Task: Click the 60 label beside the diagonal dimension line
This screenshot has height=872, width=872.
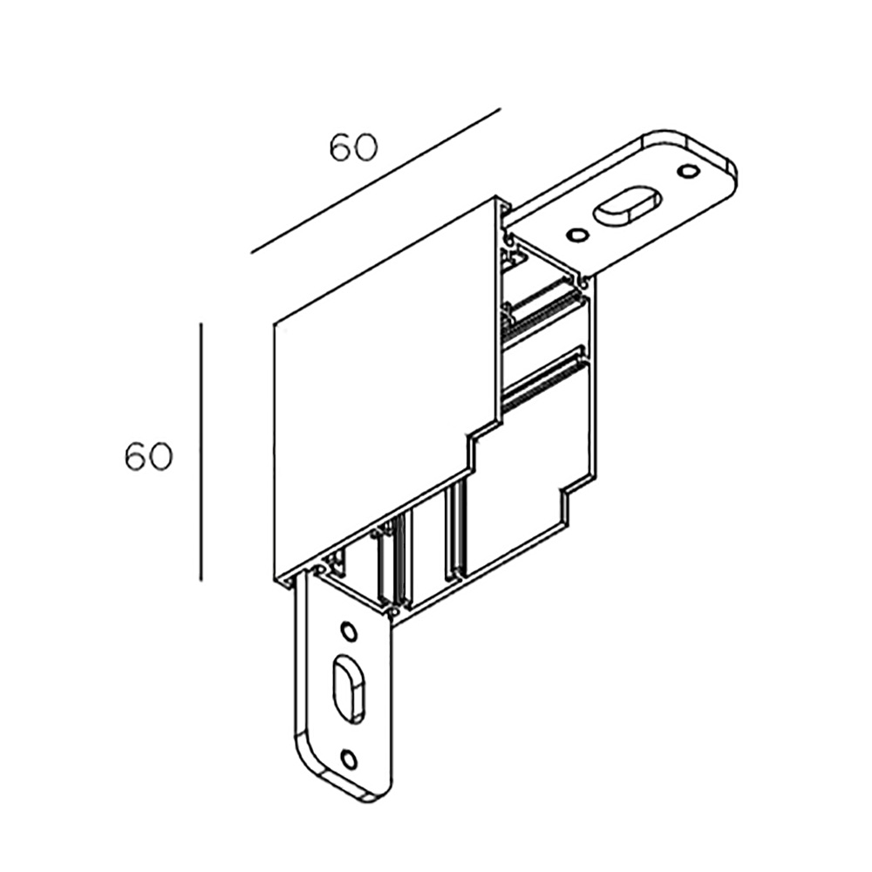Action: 353,147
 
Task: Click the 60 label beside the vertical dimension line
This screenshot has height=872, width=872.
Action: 148,457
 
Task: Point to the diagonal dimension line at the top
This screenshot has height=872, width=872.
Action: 376,181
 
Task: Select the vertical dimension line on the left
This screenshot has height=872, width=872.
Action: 201,452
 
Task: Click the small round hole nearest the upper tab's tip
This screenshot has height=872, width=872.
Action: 688,171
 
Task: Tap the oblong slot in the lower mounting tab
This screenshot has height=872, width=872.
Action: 349,690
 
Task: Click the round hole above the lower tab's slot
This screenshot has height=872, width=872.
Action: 349,631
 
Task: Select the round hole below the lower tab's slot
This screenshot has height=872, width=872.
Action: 349,759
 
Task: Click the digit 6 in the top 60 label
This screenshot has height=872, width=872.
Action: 341,147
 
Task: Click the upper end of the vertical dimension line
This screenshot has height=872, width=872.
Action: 201,322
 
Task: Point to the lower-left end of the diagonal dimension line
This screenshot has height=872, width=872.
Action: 251,254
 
